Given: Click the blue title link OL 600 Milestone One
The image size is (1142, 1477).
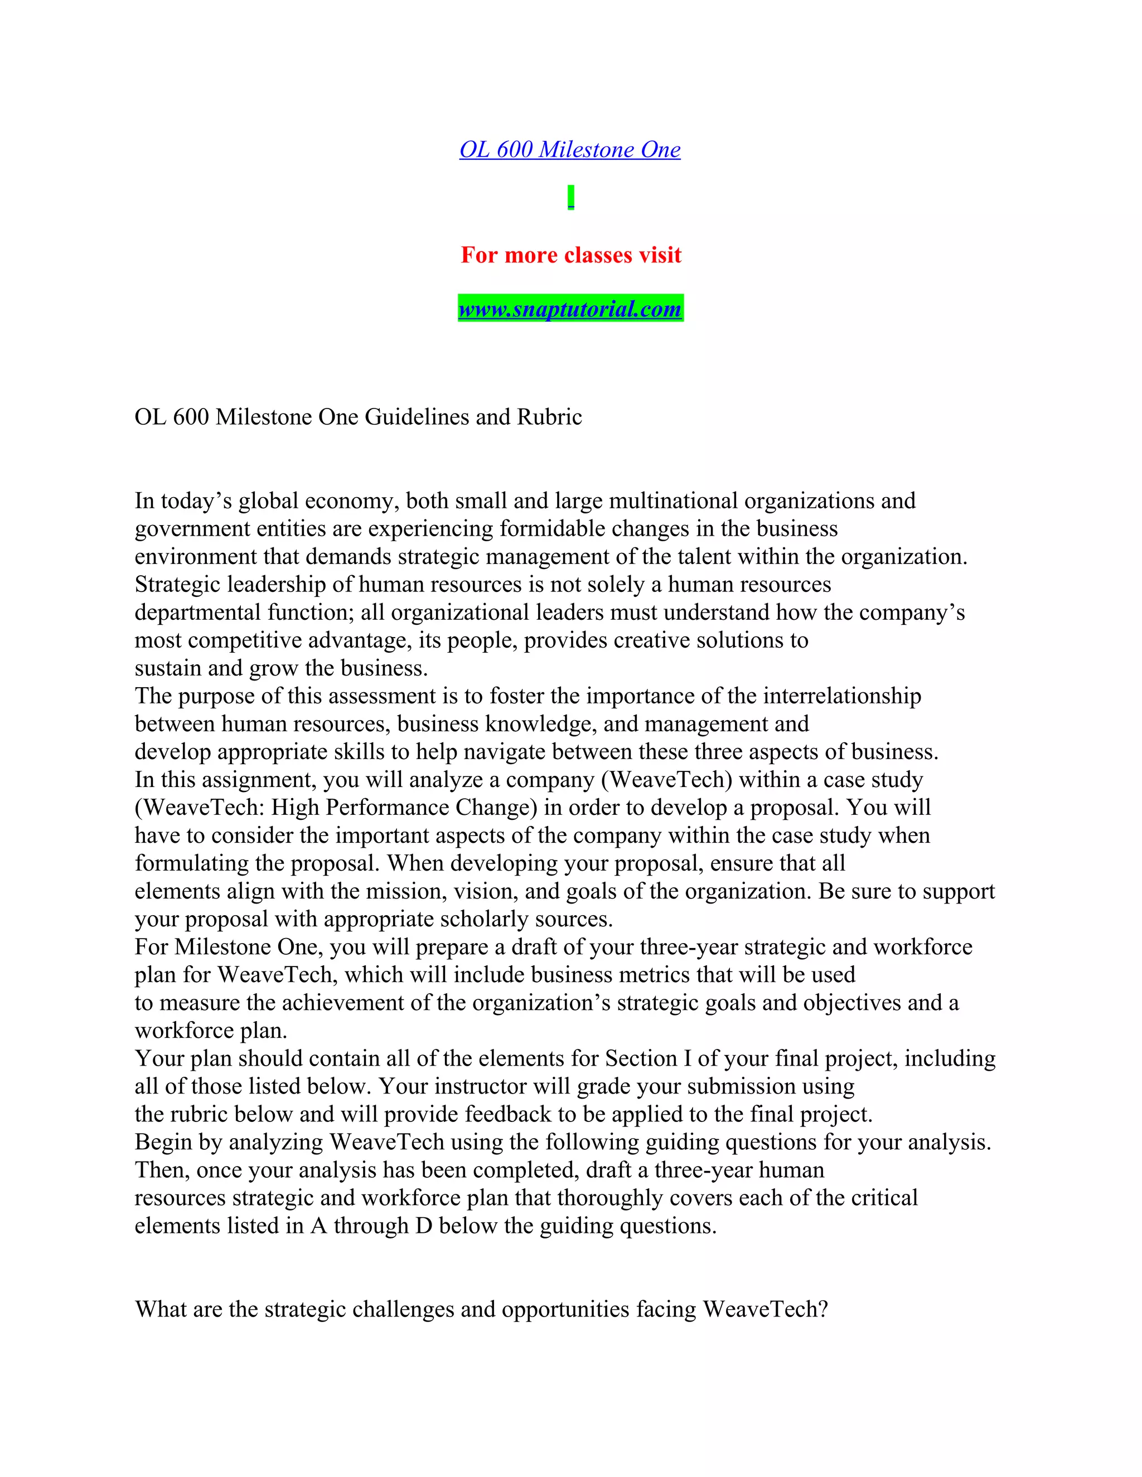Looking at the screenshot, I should (x=570, y=149).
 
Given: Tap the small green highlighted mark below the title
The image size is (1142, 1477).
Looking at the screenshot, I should (x=571, y=197).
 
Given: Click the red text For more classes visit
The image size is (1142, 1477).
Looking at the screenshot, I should (x=571, y=255).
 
